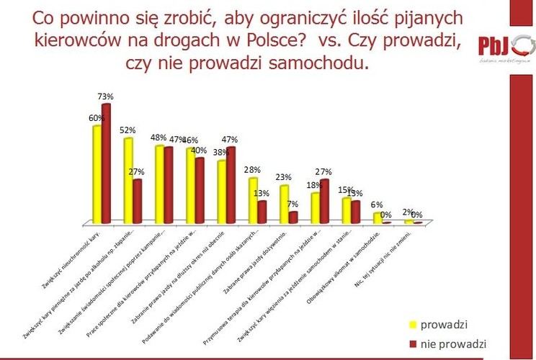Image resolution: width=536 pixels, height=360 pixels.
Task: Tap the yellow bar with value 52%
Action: click(128, 180)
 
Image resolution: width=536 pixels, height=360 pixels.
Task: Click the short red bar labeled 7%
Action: click(293, 217)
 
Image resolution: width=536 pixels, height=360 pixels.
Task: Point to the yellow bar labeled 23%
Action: click(284, 204)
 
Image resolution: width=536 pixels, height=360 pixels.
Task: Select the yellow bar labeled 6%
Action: click(378, 218)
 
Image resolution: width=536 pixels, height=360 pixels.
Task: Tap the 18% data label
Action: click(314, 185)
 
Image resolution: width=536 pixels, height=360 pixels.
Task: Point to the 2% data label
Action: click(407, 212)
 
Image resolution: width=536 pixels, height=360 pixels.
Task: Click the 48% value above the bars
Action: click(158, 138)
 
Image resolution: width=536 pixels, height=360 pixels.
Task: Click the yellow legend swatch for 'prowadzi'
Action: click(414, 324)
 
